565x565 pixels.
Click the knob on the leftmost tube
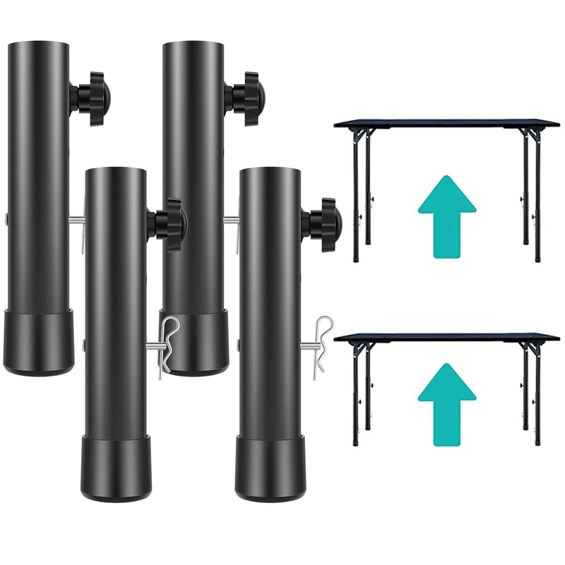pyautogui.click(x=89, y=98)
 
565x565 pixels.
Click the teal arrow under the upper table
pyautogui.click(x=446, y=212)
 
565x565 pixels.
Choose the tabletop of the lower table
pyautogui.click(x=447, y=338)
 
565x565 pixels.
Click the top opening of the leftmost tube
pyautogui.click(x=39, y=44)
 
